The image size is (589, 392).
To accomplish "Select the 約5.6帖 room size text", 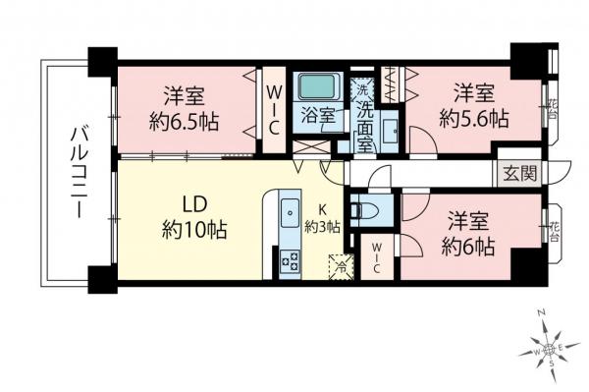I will (474, 119).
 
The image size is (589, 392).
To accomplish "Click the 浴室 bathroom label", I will (318, 115).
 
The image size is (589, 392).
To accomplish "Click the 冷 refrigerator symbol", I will (340, 265).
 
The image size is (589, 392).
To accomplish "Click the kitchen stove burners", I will (291, 260).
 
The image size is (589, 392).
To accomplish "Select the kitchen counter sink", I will (290, 210).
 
